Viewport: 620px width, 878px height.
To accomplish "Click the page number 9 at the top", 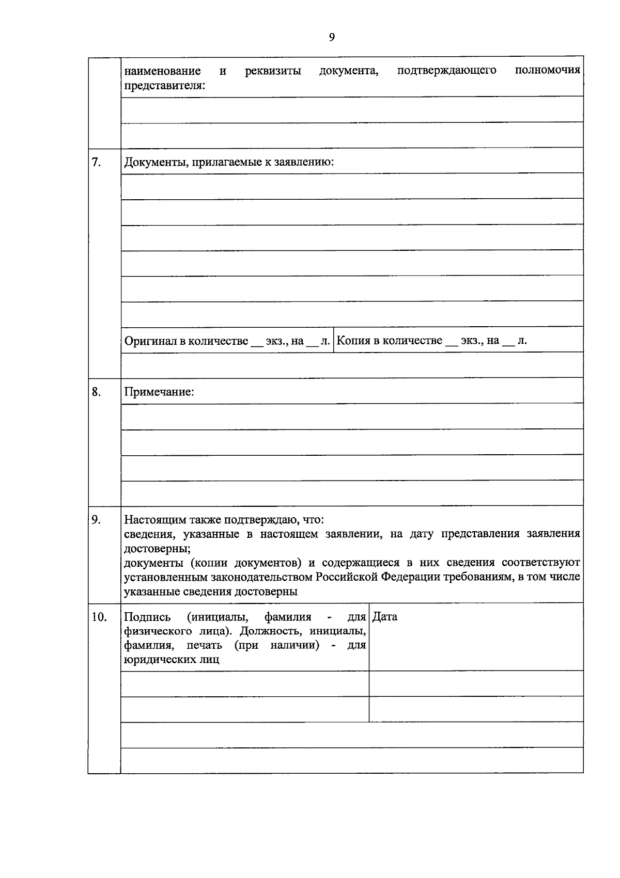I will point(332,37).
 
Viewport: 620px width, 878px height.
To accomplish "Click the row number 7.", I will point(96,162).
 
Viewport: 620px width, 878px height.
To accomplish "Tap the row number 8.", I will point(96,392).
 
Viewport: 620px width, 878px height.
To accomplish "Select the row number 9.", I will point(96,519).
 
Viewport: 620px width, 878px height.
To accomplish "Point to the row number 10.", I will point(99,617).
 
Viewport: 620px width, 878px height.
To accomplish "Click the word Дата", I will point(385,617).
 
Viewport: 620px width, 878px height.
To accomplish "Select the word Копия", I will point(353,341).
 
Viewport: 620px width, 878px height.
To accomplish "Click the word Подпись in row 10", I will point(147,617).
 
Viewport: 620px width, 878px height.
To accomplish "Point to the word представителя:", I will point(164,85).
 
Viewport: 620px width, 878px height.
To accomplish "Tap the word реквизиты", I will point(273,71).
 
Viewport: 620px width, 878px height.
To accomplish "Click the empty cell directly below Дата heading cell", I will point(476,683).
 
